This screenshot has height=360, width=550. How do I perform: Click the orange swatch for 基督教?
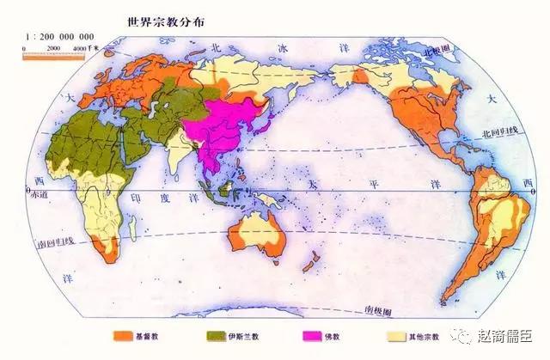click(x=120, y=336)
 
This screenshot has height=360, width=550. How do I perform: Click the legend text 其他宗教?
click(x=427, y=337)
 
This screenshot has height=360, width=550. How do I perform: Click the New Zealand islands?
click(x=315, y=258)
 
